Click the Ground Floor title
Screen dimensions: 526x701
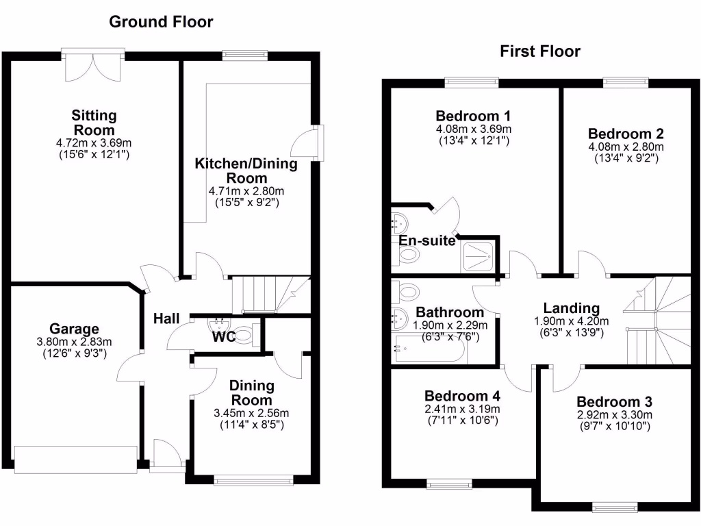click(x=162, y=22)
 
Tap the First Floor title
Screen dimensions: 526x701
click(x=539, y=51)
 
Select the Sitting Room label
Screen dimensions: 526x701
click(x=94, y=122)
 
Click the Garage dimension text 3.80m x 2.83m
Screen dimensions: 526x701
click(x=74, y=342)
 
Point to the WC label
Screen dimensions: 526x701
click(x=222, y=337)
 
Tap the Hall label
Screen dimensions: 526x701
click(x=166, y=318)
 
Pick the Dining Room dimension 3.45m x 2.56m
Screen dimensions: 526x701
click(x=251, y=413)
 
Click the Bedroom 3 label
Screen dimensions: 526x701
click(x=613, y=401)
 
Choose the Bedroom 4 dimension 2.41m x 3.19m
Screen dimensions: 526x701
click(x=462, y=409)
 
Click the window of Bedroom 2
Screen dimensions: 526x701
click(x=625, y=82)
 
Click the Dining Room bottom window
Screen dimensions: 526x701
click(x=255, y=481)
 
